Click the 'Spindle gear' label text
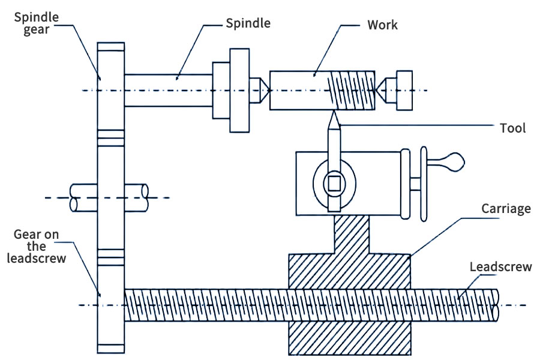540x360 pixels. coord(37,23)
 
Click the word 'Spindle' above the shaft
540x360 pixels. coord(248,23)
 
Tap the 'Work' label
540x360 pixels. coord(382,25)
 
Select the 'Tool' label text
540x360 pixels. coord(512,128)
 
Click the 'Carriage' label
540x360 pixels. coord(506,209)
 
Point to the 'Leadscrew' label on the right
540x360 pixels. coord(500,266)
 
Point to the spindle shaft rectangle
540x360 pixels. coord(168,90)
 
